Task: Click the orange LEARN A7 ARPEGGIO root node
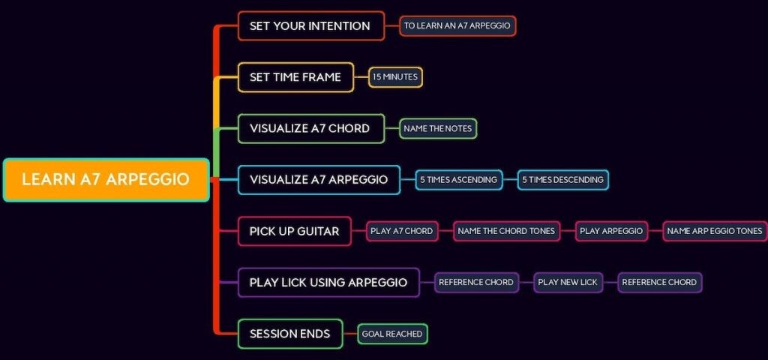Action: click(x=106, y=180)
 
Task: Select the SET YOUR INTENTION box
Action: click(x=311, y=26)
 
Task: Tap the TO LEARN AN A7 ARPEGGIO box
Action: click(x=457, y=26)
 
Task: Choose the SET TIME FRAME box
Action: click(x=295, y=77)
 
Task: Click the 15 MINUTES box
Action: click(x=395, y=77)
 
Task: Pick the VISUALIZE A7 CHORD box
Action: click(x=311, y=129)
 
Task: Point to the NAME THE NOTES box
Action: click(x=438, y=129)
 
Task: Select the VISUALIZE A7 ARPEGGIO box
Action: click(x=319, y=180)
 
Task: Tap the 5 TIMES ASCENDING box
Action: click(x=459, y=180)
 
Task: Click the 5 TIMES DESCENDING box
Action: click(x=562, y=180)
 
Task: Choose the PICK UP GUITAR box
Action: click(x=294, y=231)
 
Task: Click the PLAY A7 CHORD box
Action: click(x=402, y=231)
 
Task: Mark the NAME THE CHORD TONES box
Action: click(x=506, y=231)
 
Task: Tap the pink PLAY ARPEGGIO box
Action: click(x=611, y=231)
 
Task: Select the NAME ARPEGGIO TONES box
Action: click(x=715, y=231)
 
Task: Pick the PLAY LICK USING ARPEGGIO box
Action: click(x=328, y=283)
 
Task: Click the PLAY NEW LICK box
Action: click(x=568, y=283)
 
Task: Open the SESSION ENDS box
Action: click(x=290, y=334)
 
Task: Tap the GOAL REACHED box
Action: click(x=392, y=334)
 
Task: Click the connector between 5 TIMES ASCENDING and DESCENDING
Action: click(x=510, y=180)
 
